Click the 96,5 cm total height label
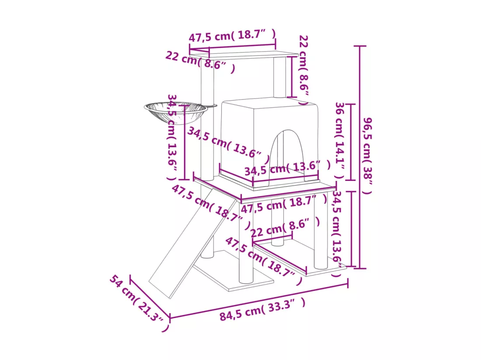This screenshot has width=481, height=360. point(367,156)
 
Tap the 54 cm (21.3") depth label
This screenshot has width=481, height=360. point(139,303)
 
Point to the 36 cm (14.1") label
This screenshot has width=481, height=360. point(340,141)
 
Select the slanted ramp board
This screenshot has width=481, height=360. point(193,243)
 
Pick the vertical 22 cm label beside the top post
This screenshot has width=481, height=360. point(304,70)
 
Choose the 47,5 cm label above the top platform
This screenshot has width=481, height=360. point(232,35)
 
